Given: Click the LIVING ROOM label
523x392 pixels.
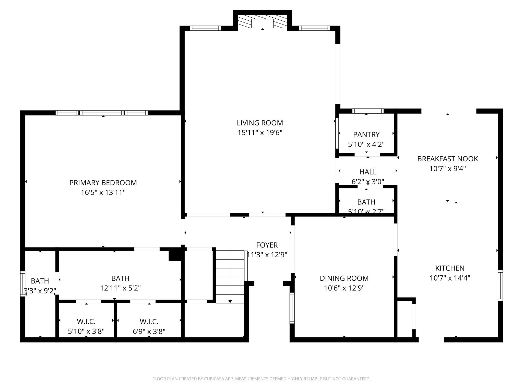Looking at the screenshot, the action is tap(260, 123).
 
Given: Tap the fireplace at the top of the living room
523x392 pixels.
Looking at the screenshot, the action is tap(263, 21).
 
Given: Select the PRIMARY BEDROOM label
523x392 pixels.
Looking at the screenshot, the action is tap(103, 183).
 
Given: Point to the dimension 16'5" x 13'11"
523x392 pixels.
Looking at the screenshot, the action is tap(103, 192).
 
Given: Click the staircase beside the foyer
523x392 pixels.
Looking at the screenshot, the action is tap(230, 277).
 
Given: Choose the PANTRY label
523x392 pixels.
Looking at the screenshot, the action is tap(366, 134).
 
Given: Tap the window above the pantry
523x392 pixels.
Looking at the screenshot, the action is tap(368, 111).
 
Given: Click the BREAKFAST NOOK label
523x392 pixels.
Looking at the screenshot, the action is tap(447, 159).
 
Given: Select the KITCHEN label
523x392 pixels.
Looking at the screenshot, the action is tap(450, 268).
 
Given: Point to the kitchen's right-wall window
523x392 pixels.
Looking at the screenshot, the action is tap(500, 286).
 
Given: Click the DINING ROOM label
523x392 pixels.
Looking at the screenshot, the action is tap(344, 278).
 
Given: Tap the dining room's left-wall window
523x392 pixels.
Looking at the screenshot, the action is tap(292, 308).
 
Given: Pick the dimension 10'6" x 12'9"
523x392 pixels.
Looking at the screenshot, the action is tap(344, 288).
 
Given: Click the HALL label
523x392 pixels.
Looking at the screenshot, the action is tap(368, 172).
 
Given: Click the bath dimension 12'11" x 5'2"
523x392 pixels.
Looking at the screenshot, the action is tap(120, 288).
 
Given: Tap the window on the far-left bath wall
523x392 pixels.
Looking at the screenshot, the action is tap(23, 284).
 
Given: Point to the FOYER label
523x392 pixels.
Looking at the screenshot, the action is tap(267, 245).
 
